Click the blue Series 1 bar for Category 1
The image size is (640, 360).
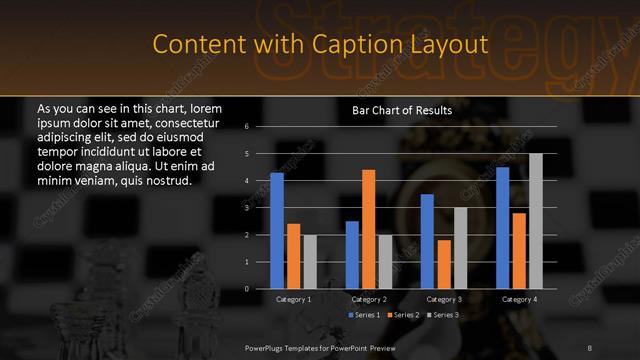(277, 231)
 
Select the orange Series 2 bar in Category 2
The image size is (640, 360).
(369, 229)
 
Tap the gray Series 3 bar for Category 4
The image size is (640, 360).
(536, 221)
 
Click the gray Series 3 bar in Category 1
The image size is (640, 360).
(309, 262)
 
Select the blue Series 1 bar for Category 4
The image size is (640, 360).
(503, 228)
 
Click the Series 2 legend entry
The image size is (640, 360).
(403, 315)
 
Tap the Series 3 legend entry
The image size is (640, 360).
(442, 315)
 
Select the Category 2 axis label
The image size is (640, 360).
(369, 299)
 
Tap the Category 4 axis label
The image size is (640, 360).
(519, 299)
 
